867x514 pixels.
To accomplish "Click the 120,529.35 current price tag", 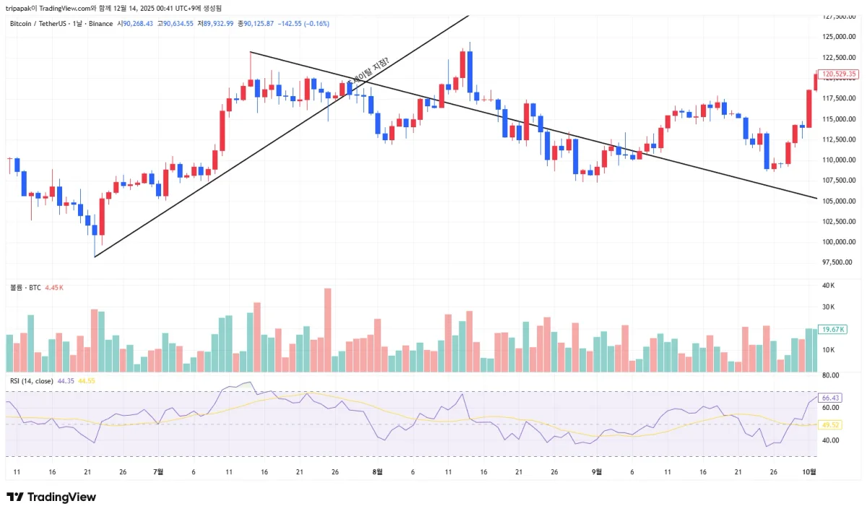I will point(840,74).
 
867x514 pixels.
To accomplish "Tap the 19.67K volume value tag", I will point(834,329).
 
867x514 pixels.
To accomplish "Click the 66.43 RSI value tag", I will point(831,398).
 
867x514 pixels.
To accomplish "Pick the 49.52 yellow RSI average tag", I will point(831,425).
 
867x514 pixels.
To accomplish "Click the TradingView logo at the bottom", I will point(51,497).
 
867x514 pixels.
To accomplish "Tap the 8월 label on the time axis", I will point(377,471).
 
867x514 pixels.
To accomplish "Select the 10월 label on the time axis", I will point(810,471).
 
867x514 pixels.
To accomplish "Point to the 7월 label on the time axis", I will point(159,471).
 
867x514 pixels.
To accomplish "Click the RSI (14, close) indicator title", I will point(31,380).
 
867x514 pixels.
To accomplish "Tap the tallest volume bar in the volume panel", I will point(327,330).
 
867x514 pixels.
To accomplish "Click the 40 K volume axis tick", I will point(829,285).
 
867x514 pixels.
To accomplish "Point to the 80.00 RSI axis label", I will point(830,375).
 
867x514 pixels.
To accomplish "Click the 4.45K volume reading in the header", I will point(55,287).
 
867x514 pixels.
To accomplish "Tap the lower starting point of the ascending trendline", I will point(95,257).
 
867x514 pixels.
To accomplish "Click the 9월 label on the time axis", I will point(598,471).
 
